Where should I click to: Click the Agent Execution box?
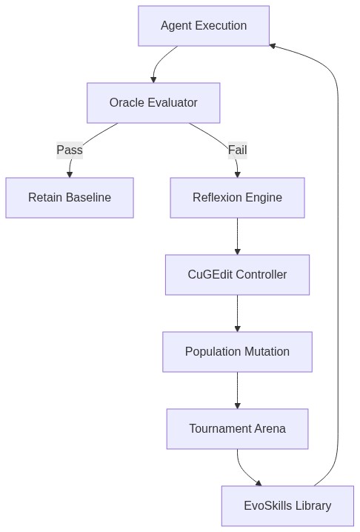click(204, 26)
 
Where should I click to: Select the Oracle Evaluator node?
click(153, 103)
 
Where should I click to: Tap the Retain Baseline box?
click(70, 198)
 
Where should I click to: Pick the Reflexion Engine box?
click(237, 198)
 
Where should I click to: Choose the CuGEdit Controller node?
click(237, 274)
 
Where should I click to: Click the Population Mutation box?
click(237, 352)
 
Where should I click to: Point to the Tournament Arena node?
click(237, 429)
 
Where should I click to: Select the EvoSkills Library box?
click(287, 506)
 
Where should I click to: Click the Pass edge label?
click(70, 150)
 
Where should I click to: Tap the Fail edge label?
click(238, 150)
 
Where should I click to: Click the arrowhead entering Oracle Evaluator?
click(153, 80)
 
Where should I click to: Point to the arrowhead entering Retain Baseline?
click(70, 174)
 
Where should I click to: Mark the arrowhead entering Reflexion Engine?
click(238, 174)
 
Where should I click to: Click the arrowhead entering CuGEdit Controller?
click(238, 252)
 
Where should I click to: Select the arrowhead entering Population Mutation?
click(238, 329)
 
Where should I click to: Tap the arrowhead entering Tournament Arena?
click(238, 406)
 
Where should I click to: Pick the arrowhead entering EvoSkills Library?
click(259, 483)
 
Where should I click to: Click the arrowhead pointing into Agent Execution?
click(273, 46)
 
